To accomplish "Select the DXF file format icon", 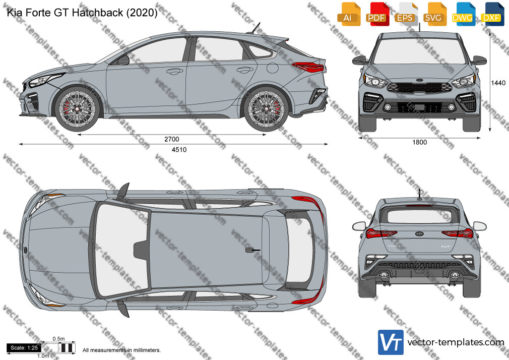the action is click(x=492, y=14).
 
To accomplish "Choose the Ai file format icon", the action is click(x=348, y=14).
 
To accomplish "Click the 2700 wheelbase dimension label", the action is click(x=172, y=139).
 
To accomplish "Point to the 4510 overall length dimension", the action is click(x=179, y=149).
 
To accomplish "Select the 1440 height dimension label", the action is click(x=498, y=83).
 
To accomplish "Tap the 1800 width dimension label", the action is click(x=420, y=142).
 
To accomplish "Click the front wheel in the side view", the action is click(x=77, y=108).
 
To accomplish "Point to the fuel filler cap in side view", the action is click(x=273, y=68).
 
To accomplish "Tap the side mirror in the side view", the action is click(x=123, y=60).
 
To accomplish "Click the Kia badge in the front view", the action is click(x=420, y=80).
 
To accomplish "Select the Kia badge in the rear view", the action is click(x=420, y=233).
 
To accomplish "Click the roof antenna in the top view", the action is click(x=252, y=250).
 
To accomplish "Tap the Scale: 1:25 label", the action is click(x=24, y=348).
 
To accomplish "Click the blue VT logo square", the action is click(x=391, y=342).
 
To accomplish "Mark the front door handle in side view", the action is click(x=175, y=71).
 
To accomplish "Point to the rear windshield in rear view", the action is click(x=420, y=216).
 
